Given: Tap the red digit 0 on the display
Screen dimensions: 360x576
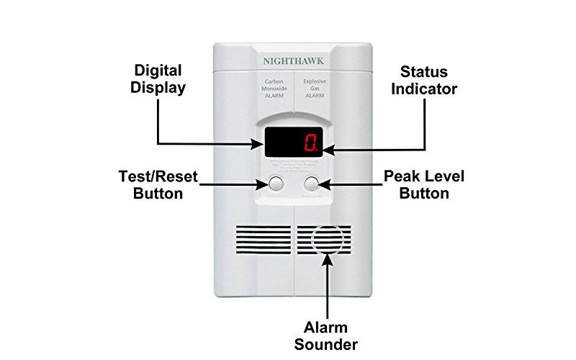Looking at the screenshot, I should [310, 143].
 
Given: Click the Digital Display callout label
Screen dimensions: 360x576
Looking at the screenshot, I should [158, 79].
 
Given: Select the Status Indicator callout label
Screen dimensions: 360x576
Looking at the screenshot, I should [425, 80].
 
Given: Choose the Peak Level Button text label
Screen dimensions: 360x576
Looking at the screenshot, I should [415, 184].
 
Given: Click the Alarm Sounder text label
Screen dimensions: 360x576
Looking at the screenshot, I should [330, 335].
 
